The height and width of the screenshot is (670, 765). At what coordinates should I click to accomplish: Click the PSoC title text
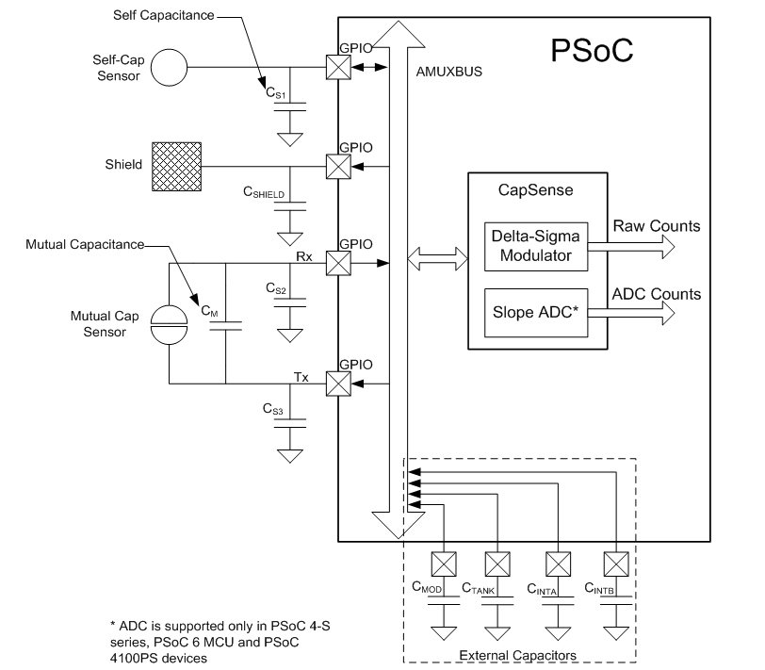591,51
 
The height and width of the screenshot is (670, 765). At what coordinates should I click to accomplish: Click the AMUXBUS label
448,72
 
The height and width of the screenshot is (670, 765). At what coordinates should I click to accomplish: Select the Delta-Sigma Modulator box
535,245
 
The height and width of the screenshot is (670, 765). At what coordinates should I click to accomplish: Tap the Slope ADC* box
535,313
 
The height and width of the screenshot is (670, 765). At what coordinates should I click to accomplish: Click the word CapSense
535,190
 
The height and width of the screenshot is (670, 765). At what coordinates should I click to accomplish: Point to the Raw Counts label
657,226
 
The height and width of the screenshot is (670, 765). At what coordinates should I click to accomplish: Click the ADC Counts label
656,294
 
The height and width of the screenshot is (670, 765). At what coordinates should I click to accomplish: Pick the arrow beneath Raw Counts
641,247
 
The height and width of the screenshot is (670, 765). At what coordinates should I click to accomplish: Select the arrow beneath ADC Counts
641,315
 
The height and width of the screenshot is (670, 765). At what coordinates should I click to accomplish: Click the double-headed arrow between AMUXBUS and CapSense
437,256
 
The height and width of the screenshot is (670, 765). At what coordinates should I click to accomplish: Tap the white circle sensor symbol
170,69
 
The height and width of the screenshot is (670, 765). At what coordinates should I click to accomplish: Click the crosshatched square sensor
177,166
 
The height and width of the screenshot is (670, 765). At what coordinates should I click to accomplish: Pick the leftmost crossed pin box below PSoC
443,564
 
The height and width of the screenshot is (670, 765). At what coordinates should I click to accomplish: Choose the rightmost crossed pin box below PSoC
615,564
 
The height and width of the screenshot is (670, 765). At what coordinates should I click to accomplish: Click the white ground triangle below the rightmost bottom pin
615,632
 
